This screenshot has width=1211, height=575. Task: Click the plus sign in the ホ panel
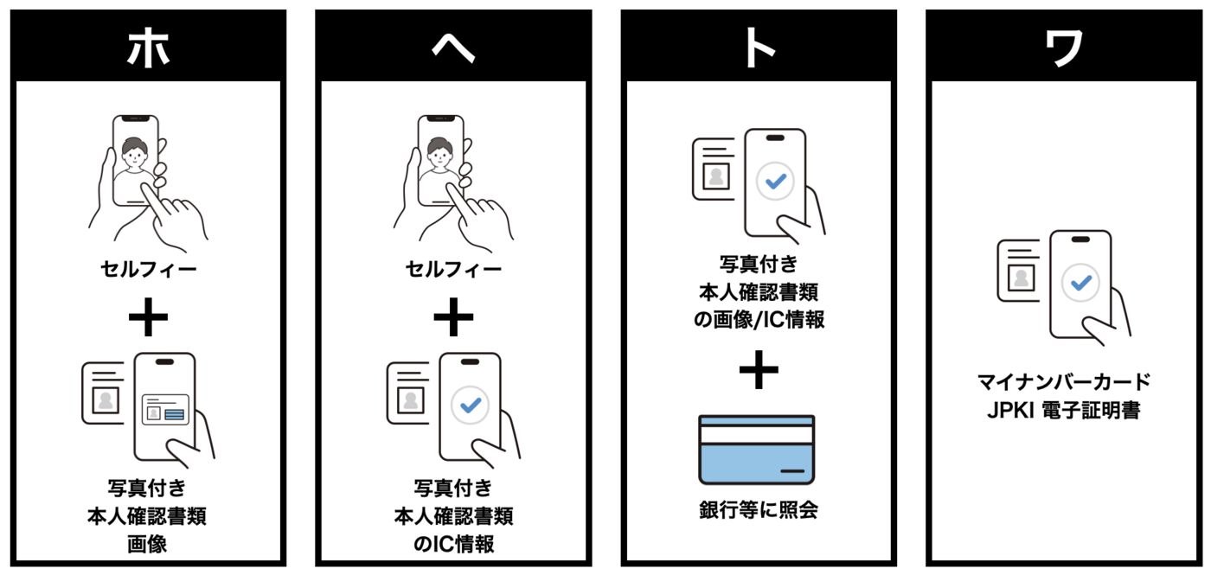[x=148, y=318]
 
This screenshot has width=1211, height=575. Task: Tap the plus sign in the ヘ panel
[x=453, y=318]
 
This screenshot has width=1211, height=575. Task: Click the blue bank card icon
[x=757, y=449]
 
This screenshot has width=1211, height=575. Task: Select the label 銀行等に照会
[x=759, y=510]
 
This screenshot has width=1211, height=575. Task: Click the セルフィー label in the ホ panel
[x=148, y=270]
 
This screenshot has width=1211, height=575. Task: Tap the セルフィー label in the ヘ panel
[x=453, y=270]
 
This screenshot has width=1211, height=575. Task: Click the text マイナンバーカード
[x=1064, y=381]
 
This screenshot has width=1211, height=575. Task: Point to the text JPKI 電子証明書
[x=1064, y=410]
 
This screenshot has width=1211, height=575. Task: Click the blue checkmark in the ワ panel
[x=1081, y=282]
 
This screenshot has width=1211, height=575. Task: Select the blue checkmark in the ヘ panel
[x=471, y=404]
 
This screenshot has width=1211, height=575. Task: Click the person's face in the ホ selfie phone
[x=135, y=157]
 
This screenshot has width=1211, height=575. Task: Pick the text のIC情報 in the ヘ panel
[x=453, y=544]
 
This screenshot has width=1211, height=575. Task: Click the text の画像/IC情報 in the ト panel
[x=759, y=319]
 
